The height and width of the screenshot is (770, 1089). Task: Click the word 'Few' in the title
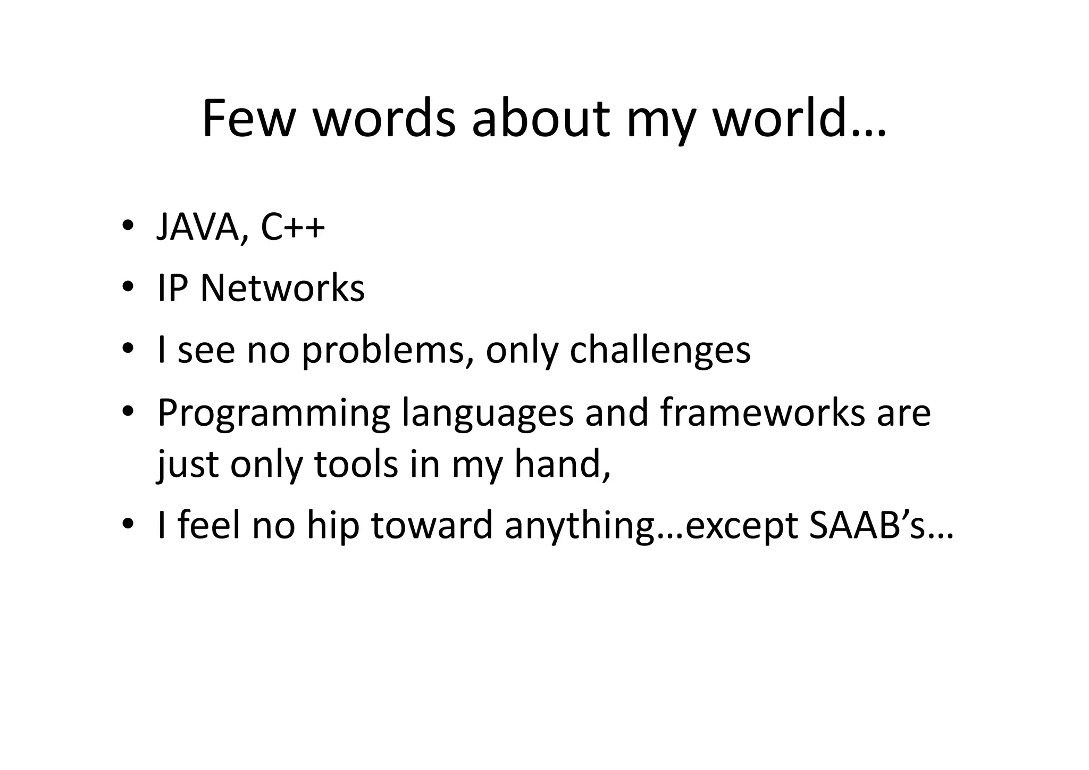point(248,119)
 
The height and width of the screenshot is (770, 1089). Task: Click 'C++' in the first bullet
point(292,227)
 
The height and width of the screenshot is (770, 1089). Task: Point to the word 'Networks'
point(282,289)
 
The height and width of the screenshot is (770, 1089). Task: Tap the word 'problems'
point(383,351)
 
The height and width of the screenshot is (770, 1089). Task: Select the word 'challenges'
point(660,351)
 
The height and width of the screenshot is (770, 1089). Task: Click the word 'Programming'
point(274,413)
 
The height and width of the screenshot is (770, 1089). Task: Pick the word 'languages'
point(488,413)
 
